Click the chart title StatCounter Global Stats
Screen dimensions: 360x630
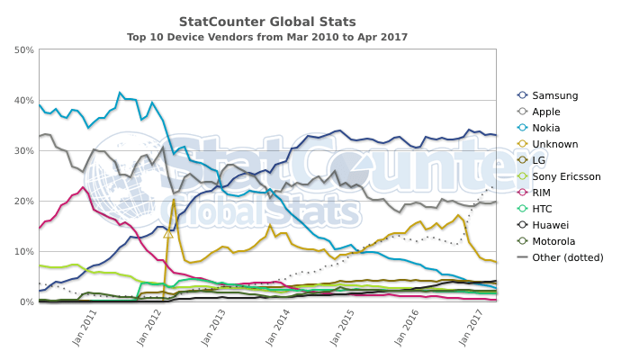point(267,21)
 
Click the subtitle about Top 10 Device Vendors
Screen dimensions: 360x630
point(267,37)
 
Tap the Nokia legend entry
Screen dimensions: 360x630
point(545,128)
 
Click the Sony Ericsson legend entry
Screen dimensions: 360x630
point(566,176)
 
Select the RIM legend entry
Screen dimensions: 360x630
point(543,193)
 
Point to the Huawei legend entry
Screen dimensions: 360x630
point(549,225)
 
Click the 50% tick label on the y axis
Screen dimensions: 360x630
point(24,49)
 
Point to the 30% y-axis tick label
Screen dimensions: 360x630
point(24,150)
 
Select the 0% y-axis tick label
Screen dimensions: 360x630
point(27,302)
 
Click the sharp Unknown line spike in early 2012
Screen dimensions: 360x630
point(174,200)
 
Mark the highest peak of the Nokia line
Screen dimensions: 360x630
point(120,92)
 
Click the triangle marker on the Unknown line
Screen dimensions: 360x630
point(168,233)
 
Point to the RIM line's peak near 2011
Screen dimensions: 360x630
point(83,187)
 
